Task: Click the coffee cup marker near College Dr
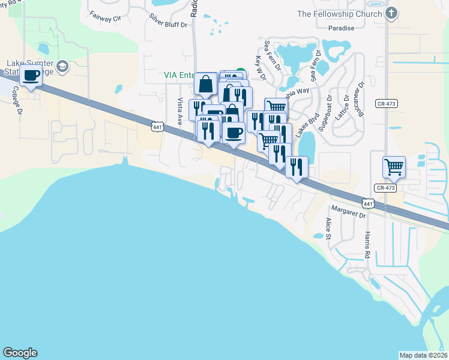click(31, 76)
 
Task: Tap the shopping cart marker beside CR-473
click(394, 166)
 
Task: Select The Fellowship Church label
click(339, 14)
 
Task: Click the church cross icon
click(391, 14)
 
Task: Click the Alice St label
click(328, 229)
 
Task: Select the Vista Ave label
click(179, 112)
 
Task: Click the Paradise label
click(341, 28)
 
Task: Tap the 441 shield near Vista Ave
click(157, 127)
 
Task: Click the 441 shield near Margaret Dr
click(369, 204)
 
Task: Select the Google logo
click(20, 353)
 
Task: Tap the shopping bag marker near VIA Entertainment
click(205, 85)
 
